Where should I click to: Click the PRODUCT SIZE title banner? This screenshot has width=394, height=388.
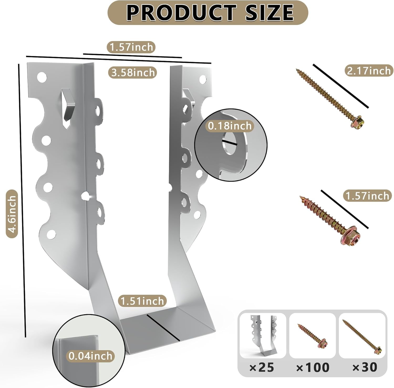[208, 12]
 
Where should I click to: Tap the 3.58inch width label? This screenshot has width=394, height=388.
[133, 72]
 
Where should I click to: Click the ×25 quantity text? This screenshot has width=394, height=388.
[262, 367]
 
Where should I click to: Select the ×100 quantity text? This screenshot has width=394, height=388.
[313, 367]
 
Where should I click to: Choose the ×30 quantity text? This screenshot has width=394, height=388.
[365, 367]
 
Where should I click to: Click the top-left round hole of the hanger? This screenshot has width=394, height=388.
[42, 77]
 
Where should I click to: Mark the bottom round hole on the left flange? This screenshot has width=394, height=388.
[51, 235]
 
